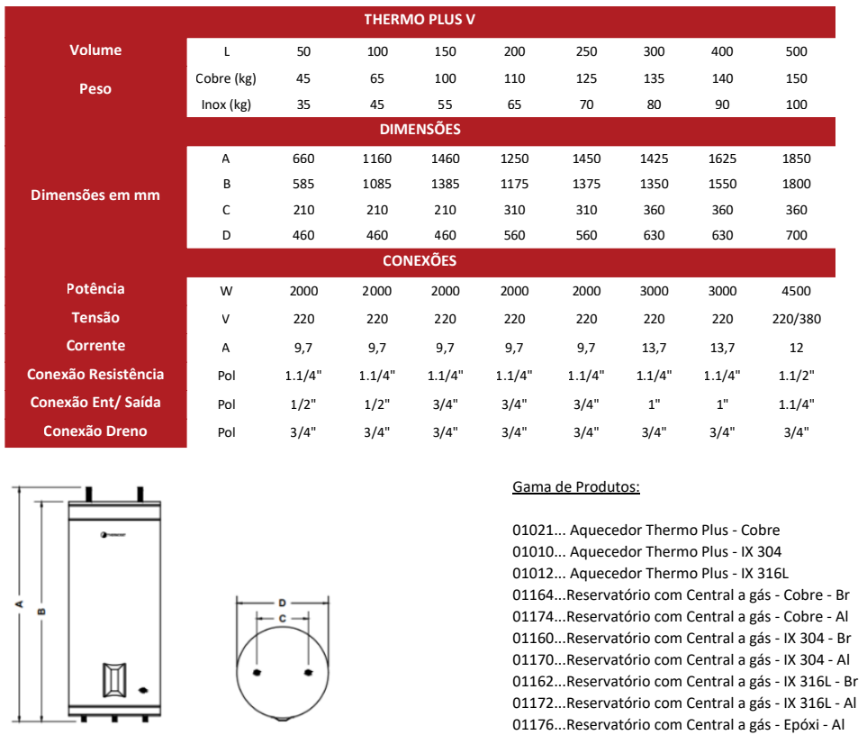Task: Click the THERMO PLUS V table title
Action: click(420, 20)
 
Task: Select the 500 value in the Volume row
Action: click(796, 51)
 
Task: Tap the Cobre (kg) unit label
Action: click(226, 78)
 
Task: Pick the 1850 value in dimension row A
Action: click(796, 159)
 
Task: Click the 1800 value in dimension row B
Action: click(796, 184)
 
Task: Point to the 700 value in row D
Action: click(796, 235)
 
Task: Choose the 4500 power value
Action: click(796, 291)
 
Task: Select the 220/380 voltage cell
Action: click(796, 319)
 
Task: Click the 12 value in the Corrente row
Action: click(796, 348)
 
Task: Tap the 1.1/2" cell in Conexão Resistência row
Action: click(796, 376)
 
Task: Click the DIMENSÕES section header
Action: click(420, 130)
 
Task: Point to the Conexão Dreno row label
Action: click(95, 431)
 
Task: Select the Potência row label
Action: click(95, 289)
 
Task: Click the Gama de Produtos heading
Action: click(576, 487)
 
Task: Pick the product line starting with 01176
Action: click(678, 724)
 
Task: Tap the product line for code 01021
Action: click(646, 530)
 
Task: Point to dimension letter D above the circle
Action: click(282, 602)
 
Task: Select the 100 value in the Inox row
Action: click(796, 104)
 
